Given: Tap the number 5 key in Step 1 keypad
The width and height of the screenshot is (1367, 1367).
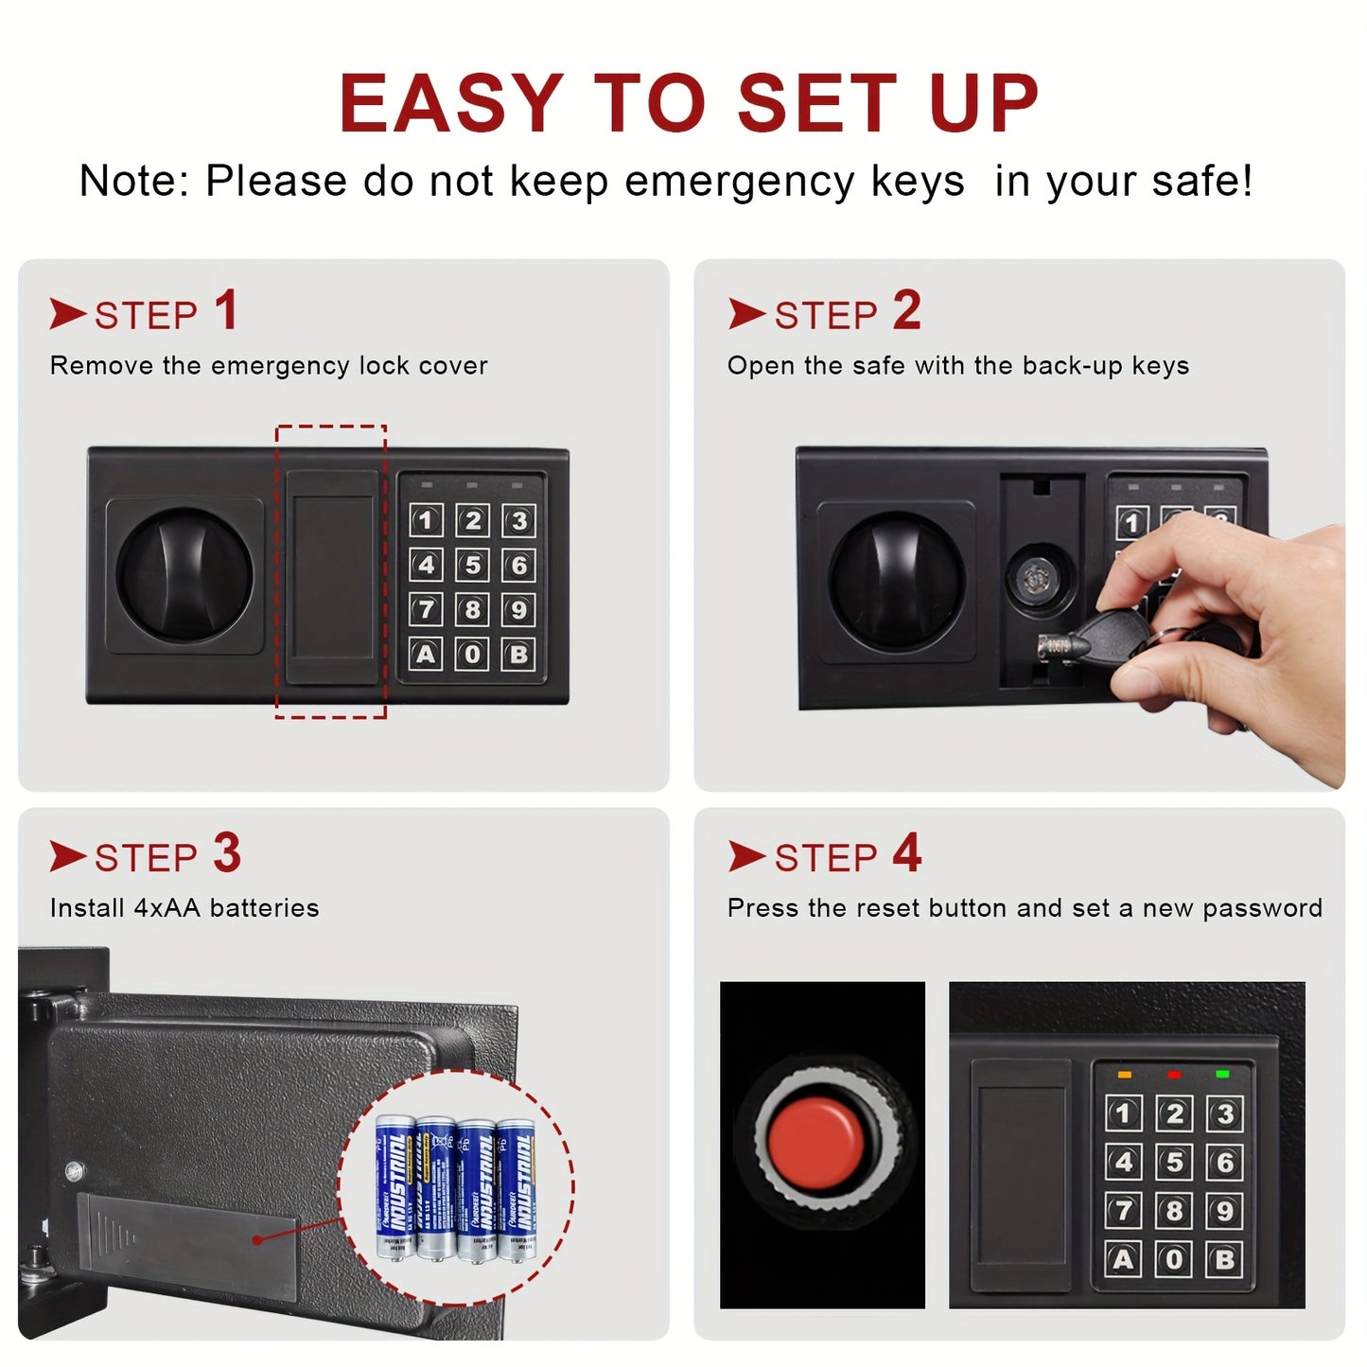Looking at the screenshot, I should tap(472, 565).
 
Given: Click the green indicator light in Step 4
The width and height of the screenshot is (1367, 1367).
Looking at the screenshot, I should tap(1222, 1074).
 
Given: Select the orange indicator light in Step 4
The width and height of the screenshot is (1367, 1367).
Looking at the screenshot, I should tap(1124, 1075).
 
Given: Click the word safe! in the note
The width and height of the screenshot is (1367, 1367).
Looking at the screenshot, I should tap(1201, 181).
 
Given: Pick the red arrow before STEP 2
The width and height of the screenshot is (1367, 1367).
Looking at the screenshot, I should tap(745, 314).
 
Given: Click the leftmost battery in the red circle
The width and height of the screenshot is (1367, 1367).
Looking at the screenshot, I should tap(394, 1187).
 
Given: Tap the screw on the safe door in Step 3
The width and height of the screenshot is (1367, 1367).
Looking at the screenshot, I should tap(75, 1171).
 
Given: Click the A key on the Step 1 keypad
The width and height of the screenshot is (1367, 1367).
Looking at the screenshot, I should tap(426, 654).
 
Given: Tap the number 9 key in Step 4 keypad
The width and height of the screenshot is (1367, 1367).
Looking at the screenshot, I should tap(1224, 1210).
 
